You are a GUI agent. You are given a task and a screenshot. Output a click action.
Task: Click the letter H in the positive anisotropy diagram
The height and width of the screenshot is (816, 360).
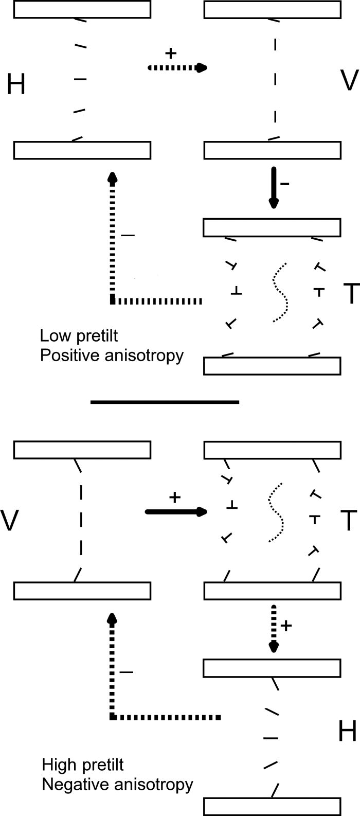tap(16, 84)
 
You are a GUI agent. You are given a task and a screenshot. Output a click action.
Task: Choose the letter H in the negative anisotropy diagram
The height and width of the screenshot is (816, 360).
tap(347, 731)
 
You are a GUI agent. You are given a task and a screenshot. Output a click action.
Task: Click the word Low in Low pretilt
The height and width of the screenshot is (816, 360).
tap(50, 336)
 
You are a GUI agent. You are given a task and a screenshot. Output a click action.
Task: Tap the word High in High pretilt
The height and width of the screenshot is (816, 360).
tap(56, 765)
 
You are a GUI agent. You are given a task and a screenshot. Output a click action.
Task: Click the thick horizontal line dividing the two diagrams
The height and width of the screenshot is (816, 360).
tap(165, 402)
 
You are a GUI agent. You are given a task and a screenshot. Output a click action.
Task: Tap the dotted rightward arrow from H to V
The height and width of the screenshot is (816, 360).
tap(177, 67)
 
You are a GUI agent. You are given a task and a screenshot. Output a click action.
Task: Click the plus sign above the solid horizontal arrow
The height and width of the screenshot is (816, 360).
tap(175, 498)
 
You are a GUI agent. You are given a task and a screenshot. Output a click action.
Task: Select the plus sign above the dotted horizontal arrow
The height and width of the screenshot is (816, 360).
tap(171, 53)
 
